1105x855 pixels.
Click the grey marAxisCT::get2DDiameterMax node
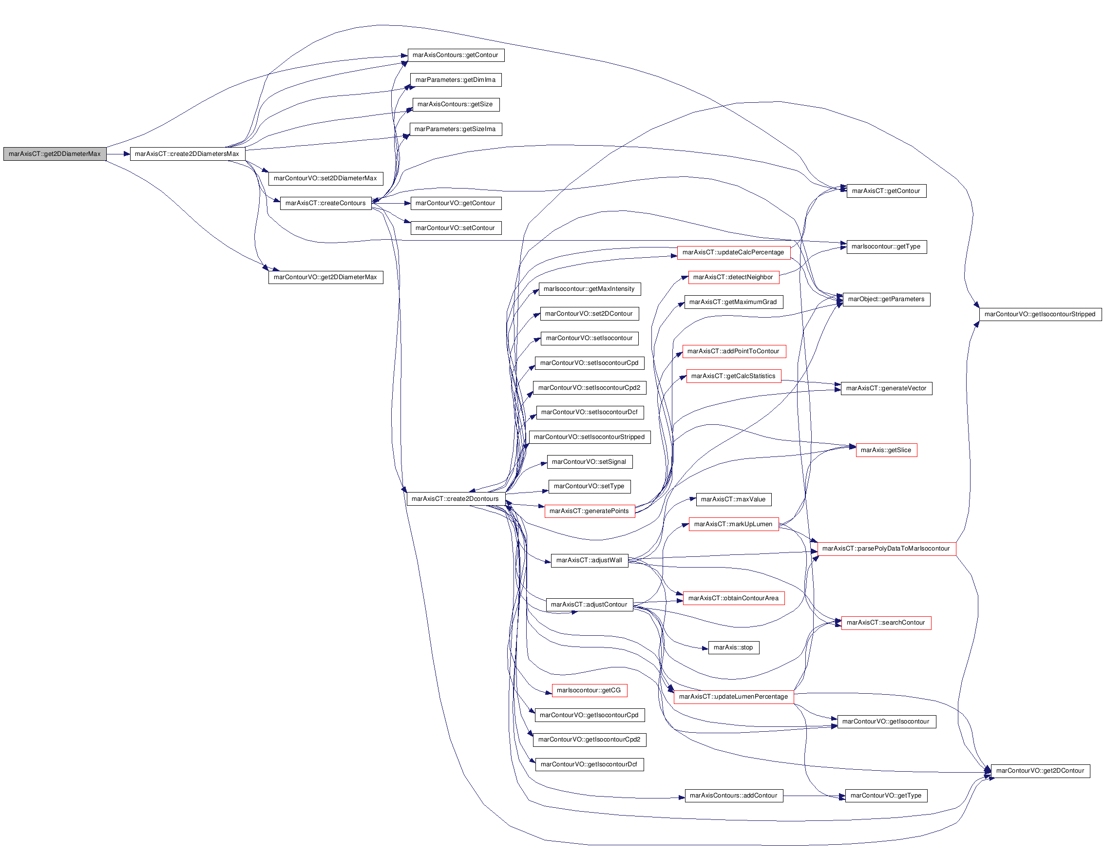(x=55, y=154)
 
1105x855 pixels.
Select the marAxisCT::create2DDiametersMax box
(x=187, y=154)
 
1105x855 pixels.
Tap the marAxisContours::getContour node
(x=456, y=55)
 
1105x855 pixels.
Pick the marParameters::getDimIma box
(x=456, y=80)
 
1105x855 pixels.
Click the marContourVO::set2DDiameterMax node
(x=325, y=179)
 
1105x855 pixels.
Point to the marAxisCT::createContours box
(x=325, y=203)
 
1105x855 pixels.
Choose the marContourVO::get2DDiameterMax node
(x=325, y=277)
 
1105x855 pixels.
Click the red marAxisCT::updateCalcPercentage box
(x=733, y=252)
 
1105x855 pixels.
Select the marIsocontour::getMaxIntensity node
(x=589, y=289)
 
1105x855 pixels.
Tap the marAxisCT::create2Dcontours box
(x=456, y=499)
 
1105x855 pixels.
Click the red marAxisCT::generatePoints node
(x=590, y=511)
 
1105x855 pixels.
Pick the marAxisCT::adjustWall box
(x=590, y=561)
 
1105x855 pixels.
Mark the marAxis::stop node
(x=733, y=647)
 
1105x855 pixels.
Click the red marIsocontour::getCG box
(x=589, y=691)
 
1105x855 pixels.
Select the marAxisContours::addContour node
(x=734, y=796)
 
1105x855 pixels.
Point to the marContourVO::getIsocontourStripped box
(x=1040, y=314)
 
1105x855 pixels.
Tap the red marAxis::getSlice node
(x=886, y=450)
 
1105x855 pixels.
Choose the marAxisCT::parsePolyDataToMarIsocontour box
(x=886, y=549)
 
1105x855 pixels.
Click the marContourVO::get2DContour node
(x=1040, y=771)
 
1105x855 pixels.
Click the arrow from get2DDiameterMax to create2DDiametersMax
(x=118, y=154)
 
